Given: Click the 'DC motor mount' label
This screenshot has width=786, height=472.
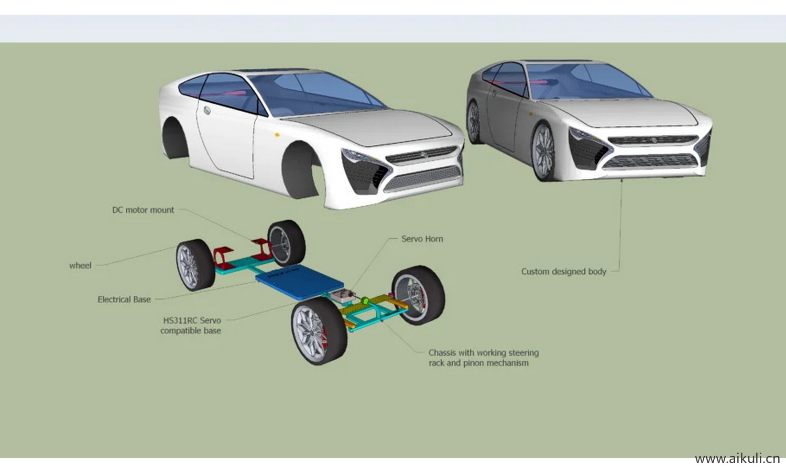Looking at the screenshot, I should click(143, 210).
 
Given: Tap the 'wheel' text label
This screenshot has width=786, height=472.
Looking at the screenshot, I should click(80, 265).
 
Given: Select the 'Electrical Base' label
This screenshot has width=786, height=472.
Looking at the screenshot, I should click(124, 299).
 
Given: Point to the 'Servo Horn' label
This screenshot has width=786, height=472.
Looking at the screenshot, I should click(422, 239).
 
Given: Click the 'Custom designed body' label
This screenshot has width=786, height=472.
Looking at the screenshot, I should click(563, 271).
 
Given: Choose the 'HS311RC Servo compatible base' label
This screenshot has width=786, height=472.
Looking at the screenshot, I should click(191, 325).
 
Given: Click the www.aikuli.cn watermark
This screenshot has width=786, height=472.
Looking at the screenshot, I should click(737, 458).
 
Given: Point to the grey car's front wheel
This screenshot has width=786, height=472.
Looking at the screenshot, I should click(543, 152).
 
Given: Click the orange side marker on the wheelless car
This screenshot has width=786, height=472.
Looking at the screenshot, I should click(277, 135).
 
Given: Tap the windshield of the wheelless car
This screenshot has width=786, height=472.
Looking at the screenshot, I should click(314, 92).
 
